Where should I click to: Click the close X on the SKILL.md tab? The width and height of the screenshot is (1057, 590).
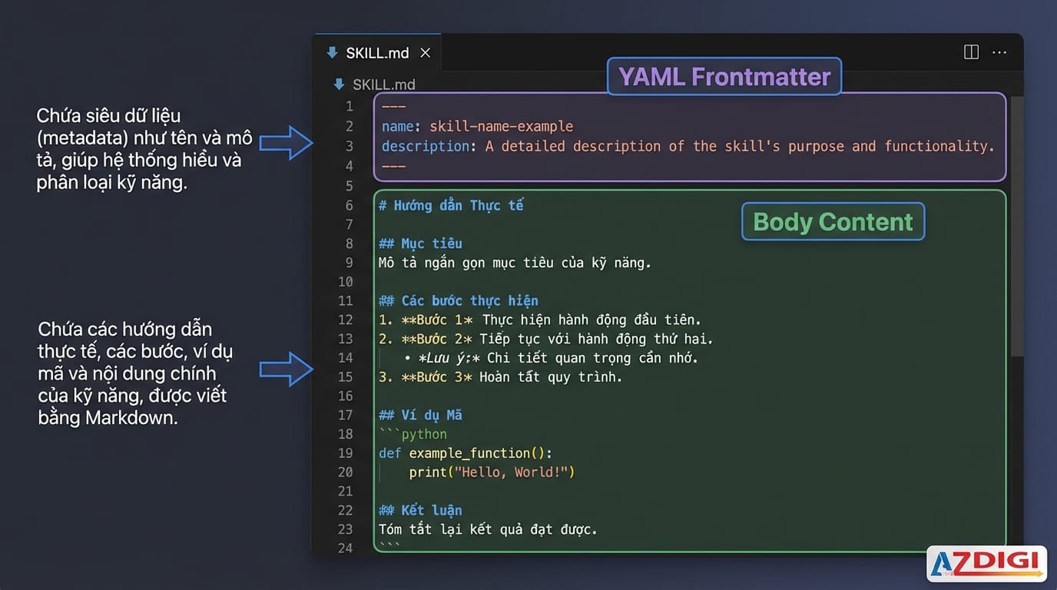pyautogui.click(x=425, y=53)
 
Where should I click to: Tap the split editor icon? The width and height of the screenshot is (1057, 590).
pyautogui.click(x=971, y=52)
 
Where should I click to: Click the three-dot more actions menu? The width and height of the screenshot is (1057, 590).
pyautogui.click(x=999, y=52)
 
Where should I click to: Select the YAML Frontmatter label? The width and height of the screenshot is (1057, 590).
pyautogui.click(x=724, y=77)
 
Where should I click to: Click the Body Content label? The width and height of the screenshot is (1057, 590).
pyautogui.click(x=833, y=222)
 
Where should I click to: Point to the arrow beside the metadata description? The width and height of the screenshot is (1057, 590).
pyautogui.click(x=286, y=143)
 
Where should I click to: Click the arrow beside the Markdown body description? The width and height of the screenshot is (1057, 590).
pyautogui.click(x=286, y=369)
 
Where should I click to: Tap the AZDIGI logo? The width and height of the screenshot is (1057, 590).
pyautogui.click(x=986, y=563)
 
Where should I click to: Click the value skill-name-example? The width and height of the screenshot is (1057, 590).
pyautogui.click(x=501, y=127)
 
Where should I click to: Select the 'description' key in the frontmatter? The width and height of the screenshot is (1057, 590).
pyautogui.click(x=426, y=146)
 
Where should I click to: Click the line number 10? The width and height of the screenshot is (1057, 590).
pyautogui.click(x=346, y=282)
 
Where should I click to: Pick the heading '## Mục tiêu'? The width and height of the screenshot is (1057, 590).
pyautogui.click(x=420, y=244)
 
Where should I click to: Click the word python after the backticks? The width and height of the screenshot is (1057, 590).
pyautogui.click(x=424, y=434)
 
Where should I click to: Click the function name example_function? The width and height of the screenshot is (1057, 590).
pyautogui.click(x=469, y=453)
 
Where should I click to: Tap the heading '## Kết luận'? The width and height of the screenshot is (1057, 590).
pyautogui.click(x=420, y=510)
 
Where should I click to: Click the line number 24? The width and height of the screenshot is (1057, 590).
pyautogui.click(x=346, y=549)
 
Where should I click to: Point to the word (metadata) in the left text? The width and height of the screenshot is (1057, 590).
pyautogui.click(x=83, y=138)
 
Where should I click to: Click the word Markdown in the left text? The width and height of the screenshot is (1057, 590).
pyautogui.click(x=131, y=418)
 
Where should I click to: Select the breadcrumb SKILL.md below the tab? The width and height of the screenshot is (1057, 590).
pyautogui.click(x=383, y=85)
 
